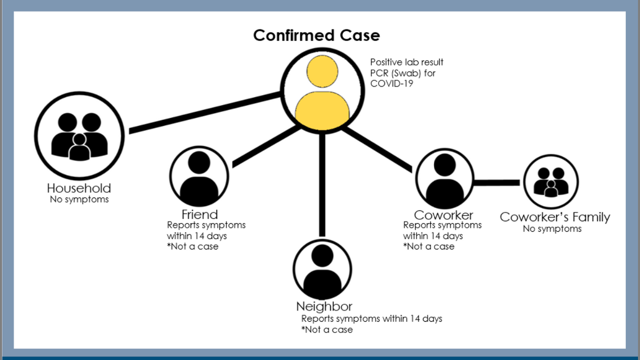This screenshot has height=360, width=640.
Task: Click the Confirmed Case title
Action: tap(316, 35)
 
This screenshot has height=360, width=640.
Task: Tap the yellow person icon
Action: tap(322, 92)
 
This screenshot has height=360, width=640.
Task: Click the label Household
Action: tap(79, 188)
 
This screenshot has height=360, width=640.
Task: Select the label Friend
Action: tap(199, 214)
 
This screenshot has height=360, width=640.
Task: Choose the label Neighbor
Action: tap(324, 306)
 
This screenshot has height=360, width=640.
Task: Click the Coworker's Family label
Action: tap(555, 217)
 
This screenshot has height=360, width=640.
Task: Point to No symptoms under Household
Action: tap(79, 199)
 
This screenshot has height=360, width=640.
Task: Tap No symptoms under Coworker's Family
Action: tap(552, 229)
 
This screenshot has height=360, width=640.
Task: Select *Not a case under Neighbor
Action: tap(327, 329)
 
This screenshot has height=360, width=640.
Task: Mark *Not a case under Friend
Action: tap(192, 246)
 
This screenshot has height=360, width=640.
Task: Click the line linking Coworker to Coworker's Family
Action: tap(496, 182)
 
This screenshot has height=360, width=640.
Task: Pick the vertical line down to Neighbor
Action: tap(322, 185)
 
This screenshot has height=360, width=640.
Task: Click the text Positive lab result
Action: tap(406, 62)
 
